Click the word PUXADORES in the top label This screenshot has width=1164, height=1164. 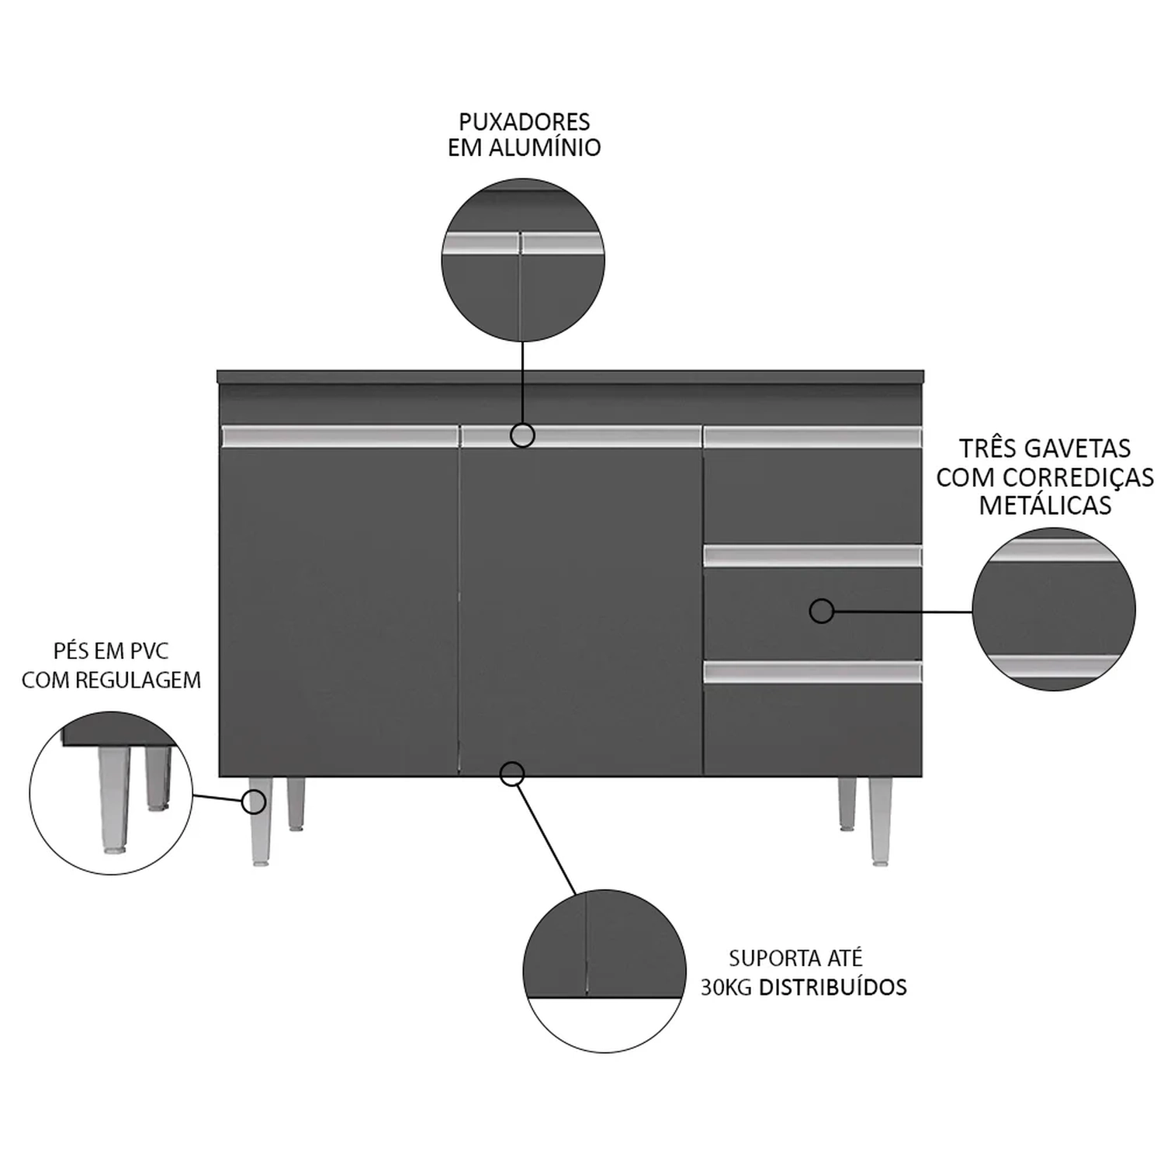524,122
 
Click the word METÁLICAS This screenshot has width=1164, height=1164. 1045,505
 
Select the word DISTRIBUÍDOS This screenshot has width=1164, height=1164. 833,987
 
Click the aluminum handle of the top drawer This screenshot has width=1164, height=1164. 812,437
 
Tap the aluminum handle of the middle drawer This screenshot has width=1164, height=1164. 812,556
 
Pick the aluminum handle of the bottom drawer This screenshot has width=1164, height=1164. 812,672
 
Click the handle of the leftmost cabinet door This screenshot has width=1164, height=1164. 340,436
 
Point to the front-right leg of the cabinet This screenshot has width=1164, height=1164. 880,821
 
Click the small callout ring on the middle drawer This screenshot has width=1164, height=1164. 822,611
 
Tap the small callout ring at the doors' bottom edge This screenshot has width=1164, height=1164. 512,774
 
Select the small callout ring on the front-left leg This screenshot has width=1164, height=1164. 254,802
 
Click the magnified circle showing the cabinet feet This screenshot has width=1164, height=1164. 111,794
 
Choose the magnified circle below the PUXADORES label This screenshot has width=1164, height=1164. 523,260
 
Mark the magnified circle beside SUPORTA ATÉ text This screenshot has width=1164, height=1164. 605,971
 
